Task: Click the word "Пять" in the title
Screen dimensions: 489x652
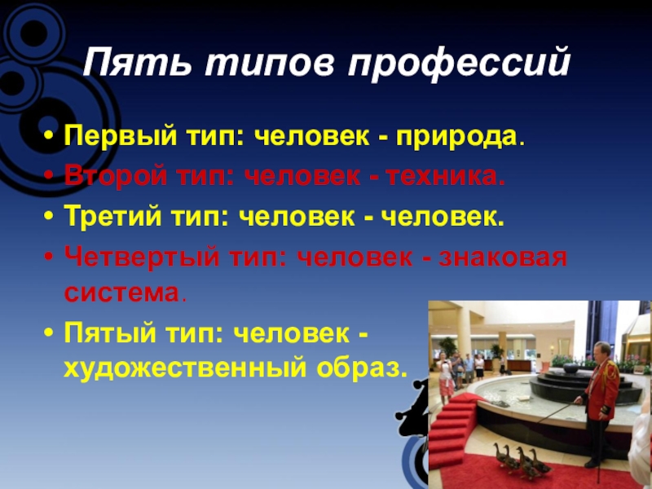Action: click(130, 64)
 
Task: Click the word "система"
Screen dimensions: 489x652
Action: click(122, 291)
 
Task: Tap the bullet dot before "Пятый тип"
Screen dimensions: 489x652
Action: click(51, 333)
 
